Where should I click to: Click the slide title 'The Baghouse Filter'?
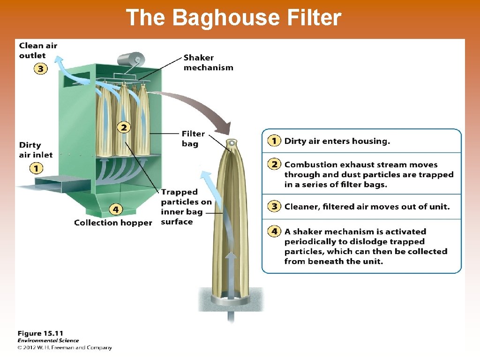pyautogui.click(x=233, y=18)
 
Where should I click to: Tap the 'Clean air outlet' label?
pyautogui.click(x=38, y=51)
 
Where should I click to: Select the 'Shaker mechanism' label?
pyautogui.click(x=208, y=62)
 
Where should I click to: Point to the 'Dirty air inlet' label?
pyautogui.click(x=36, y=150)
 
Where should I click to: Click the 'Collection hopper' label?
pyautogui.click(x=113, y=223)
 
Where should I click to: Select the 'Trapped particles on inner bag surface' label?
pyautogui.click(x=186, y=207)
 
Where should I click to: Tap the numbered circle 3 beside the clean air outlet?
pyautogui.click(x=41, y=69)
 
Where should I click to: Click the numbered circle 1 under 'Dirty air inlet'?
pyautogui.click(x=36, y=167)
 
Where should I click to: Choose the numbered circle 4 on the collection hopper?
pyautogui.click(x=116, y=209)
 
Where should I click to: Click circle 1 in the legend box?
pyautogui.click(x=274, y=141)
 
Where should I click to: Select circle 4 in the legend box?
pyautogui.click(x=274, y=231)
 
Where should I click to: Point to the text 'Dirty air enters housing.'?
pyautogui.click(x=337, y=141)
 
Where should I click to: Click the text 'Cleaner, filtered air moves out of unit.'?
pyautogui.click(x=367, y=206)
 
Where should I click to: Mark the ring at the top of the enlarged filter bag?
pyautogui.click(x=231, y=142)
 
